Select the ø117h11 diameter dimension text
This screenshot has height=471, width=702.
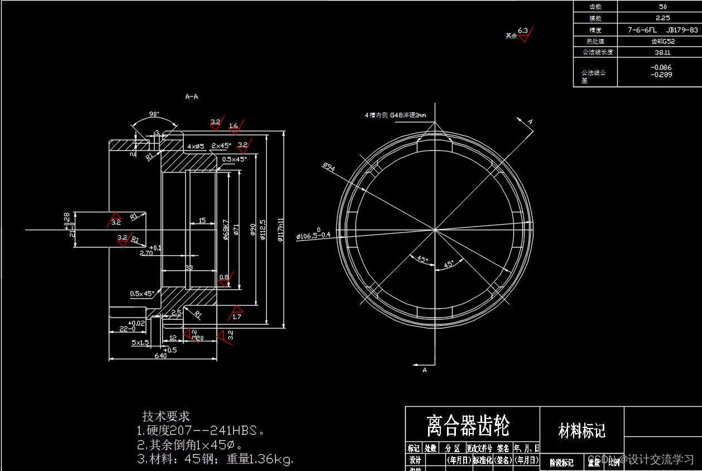click(x=282, y=229)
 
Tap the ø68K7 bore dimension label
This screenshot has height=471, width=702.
click(x=226, y=229)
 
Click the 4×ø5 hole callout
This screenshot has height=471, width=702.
click(x=196, y=146)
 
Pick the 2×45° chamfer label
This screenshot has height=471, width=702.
click(x=221, y=145)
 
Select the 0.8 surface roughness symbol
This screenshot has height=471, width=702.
click(x=224, y=278)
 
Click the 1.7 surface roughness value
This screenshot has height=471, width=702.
click(x=237, y=317)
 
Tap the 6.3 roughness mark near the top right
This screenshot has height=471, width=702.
click(x=523, y=30)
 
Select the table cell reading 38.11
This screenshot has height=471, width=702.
click(x=662, y=52)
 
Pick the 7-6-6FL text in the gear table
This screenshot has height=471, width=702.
click(x=642, y=30)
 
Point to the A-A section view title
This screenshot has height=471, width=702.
click(x=191, y=97)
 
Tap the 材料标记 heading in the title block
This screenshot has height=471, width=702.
click(x=582, y=431)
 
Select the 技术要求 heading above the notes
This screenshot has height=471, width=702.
click(x=166, y=416)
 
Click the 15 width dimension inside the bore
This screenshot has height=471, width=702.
click(x=202, y=220)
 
